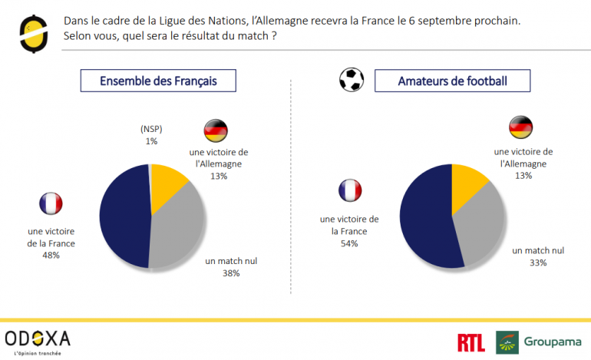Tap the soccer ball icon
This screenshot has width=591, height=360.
[x=352, y=79]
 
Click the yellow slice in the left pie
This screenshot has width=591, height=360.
[x=167, y=184]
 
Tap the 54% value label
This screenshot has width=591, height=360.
[x=348, y=243]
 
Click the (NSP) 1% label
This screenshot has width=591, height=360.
[x=151, y=135]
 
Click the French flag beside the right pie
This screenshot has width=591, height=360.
[x=349, y=191]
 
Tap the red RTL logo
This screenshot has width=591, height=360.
[x=470, y=343]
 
